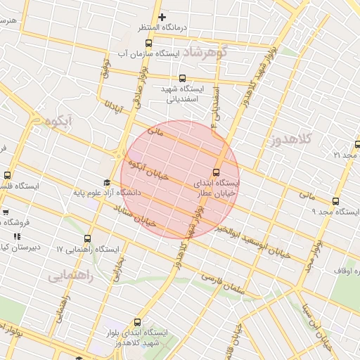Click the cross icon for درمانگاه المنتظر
pyautogui.click(x=162, y=16)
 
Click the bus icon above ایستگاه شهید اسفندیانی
pyautogui.click(x=183, y=78)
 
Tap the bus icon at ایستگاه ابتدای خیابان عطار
pyautogui.click(x=216, y=172)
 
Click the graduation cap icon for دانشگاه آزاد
pyautogui.click(x=106, y=182)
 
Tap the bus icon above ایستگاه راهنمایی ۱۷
pyautogui.click(x=88, y=239)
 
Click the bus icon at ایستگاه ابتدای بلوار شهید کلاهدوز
pyautogui.click(x=137, y=322)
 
